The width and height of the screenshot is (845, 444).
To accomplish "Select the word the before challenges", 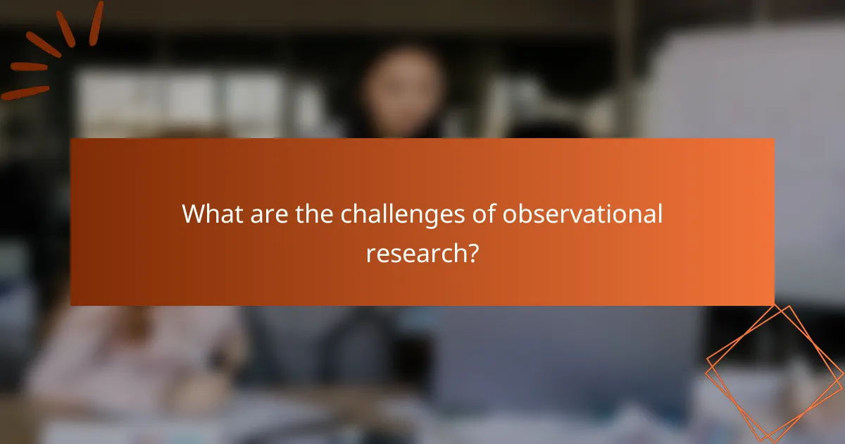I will click(315, 214).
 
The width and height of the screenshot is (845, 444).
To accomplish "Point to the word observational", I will click(582, 214).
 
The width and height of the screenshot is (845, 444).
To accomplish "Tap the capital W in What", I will click(194, 214).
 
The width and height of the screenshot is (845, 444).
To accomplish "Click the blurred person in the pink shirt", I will click(141, 352).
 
